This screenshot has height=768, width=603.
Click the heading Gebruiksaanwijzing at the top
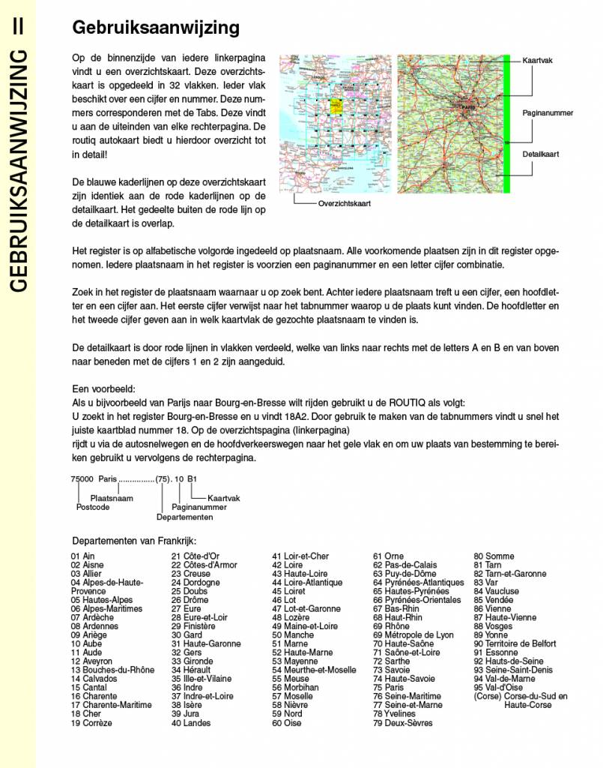coord(155,28)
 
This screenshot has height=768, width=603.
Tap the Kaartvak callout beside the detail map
coord(538,60)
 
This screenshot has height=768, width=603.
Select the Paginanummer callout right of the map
coord(548,112)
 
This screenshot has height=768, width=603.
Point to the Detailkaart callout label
coord(542,154)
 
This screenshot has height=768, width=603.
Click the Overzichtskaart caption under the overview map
coord(345,203)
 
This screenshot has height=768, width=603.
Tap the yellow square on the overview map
coord(336,106)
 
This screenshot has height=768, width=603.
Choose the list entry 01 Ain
coord(83,556)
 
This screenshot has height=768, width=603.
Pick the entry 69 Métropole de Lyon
coord(413,634)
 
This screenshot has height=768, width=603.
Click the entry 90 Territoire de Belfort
coord(515,643)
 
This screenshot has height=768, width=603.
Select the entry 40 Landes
coord(191,723)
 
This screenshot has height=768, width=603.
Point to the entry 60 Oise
coord(287,723)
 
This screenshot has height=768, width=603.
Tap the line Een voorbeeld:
coord(103,390)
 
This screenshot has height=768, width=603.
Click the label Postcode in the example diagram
coord(94,506)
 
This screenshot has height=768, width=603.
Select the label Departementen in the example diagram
coord(185,517)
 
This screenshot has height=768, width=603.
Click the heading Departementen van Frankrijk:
coord(134,540)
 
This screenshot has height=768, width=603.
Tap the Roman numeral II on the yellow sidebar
coord(18,25)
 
